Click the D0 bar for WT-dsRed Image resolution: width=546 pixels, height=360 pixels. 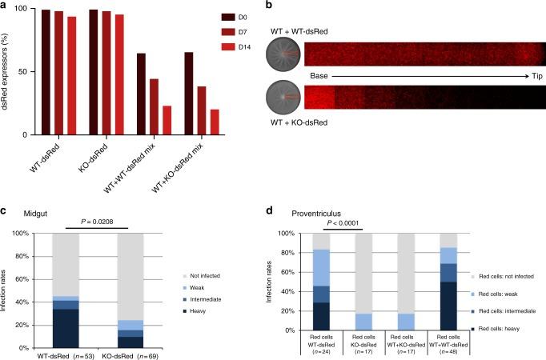45,72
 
